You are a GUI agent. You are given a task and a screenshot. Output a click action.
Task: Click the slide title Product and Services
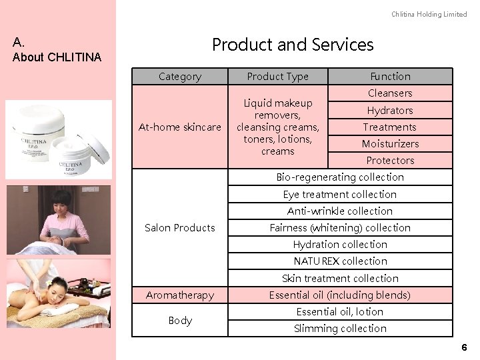point(293,45)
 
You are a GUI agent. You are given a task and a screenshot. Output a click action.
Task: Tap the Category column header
point(180,77)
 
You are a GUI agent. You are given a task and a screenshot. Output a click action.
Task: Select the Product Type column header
point(277,77)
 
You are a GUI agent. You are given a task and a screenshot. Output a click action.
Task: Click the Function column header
point(390,77)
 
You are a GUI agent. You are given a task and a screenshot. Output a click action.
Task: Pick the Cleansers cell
point(390,93)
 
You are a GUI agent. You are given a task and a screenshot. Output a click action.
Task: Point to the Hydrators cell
point(390,110)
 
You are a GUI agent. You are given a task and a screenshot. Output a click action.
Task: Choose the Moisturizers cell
point(390,143)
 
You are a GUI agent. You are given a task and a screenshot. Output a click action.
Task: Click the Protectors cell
point(390,160)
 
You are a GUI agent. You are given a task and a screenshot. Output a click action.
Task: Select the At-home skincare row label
point(180,127)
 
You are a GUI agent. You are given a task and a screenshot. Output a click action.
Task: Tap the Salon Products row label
point(180,227)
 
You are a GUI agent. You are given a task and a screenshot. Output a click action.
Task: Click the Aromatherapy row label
point(180,295)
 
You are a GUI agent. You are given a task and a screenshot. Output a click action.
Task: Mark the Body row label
point(180,320)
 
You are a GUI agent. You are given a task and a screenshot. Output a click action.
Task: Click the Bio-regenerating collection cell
point(340,177)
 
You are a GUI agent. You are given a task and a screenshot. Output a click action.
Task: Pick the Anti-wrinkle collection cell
point(340,211)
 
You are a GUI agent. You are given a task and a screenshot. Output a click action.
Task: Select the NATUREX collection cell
point(340,261)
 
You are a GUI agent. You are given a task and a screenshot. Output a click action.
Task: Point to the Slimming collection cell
point(340,328)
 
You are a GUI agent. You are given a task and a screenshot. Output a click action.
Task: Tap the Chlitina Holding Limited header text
point(429,15)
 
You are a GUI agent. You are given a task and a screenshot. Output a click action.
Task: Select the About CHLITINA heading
point(57,57)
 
